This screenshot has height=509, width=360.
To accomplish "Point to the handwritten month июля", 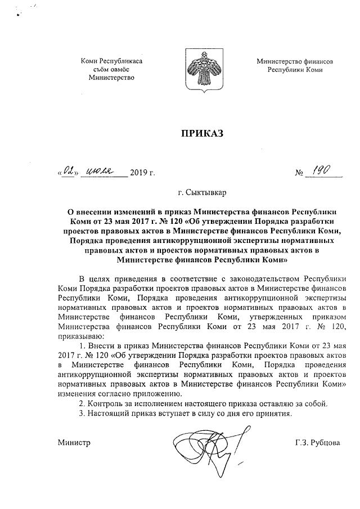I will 105,169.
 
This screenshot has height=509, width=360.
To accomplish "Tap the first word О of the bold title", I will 70,213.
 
